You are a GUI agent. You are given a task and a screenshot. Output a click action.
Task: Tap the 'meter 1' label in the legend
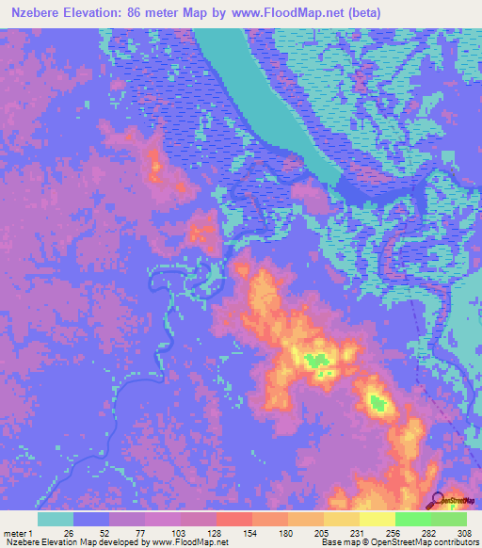point(20,532)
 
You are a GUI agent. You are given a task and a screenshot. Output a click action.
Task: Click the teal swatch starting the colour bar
point(56,519)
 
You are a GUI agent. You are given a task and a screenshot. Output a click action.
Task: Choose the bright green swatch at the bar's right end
point(449,519)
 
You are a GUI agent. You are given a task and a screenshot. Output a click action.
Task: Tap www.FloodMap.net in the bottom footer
point(188,542)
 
